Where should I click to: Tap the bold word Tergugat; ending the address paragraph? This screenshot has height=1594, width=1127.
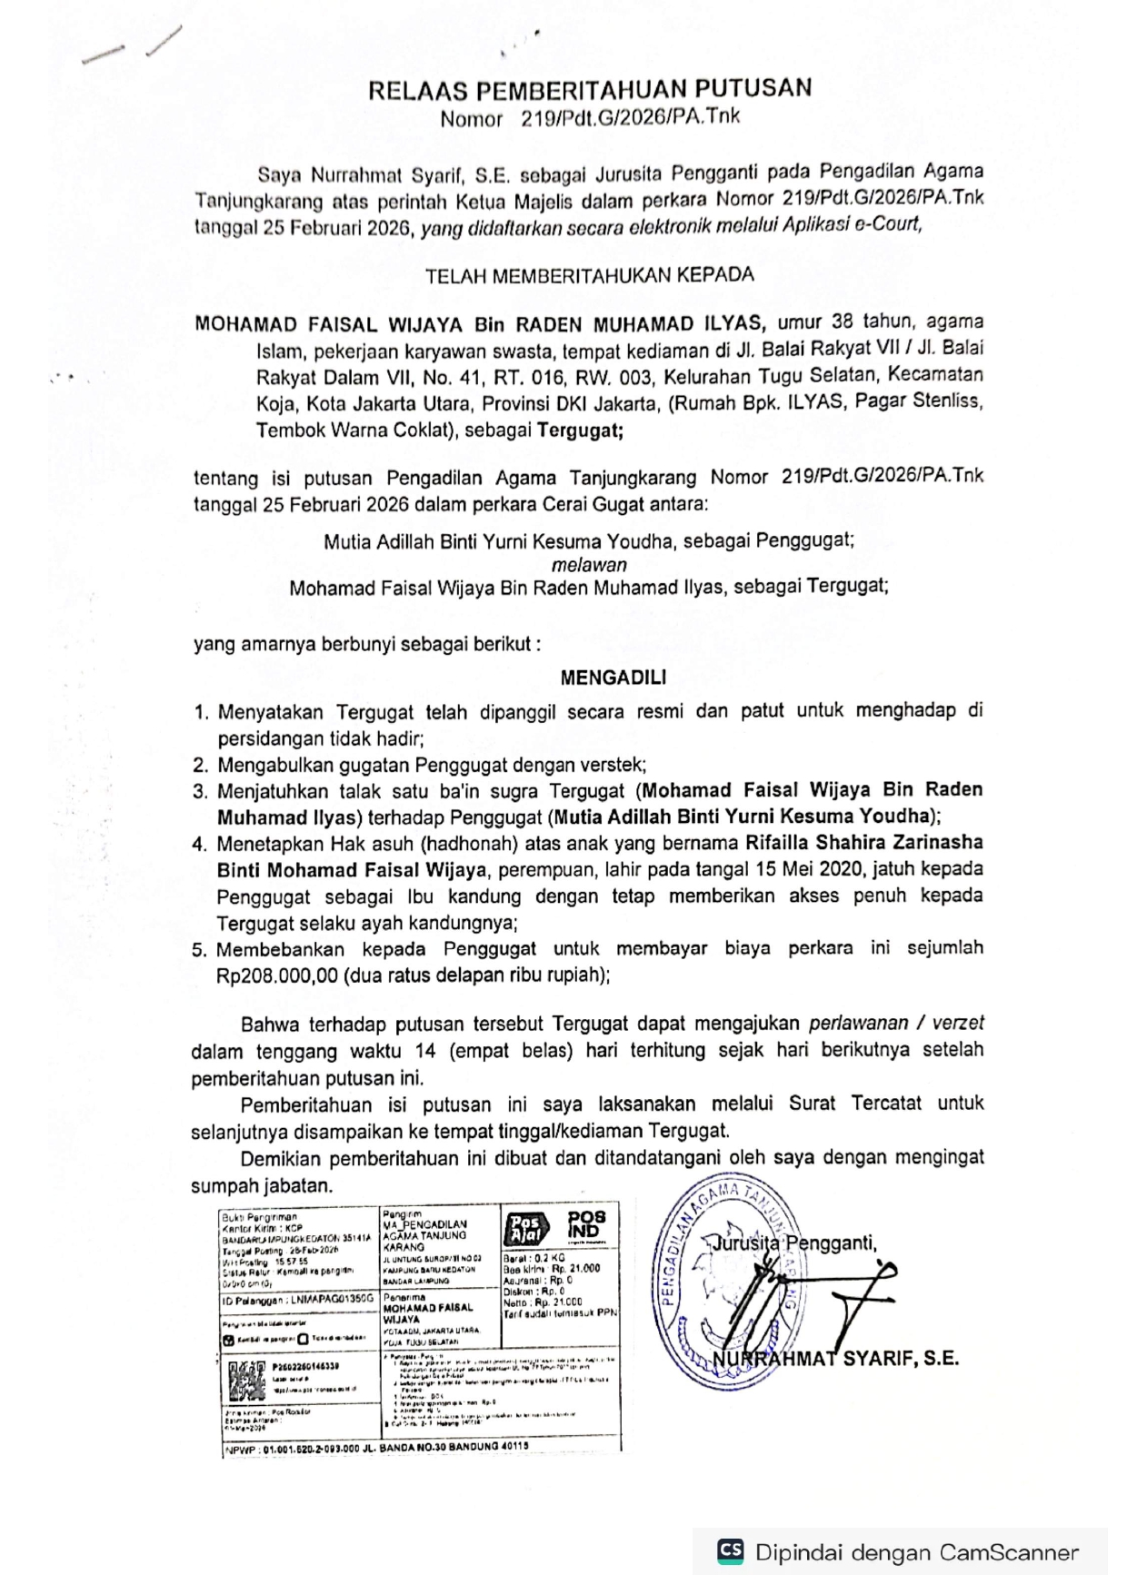click(580, 431)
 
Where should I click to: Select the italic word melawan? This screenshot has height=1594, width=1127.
click(589, 564)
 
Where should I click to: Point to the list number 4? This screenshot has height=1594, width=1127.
click(199, 844)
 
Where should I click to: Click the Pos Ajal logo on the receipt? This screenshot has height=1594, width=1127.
click(525, 1228)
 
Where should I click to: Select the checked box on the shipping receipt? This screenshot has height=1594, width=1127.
click(229, 1340)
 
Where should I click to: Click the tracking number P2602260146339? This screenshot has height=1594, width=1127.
click(306, 1366)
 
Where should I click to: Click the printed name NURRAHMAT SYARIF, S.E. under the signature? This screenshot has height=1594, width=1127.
click(836, 1360)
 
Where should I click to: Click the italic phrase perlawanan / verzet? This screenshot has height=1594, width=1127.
click(896, 1024)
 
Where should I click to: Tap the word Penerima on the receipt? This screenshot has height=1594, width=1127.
click(404, 1298)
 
